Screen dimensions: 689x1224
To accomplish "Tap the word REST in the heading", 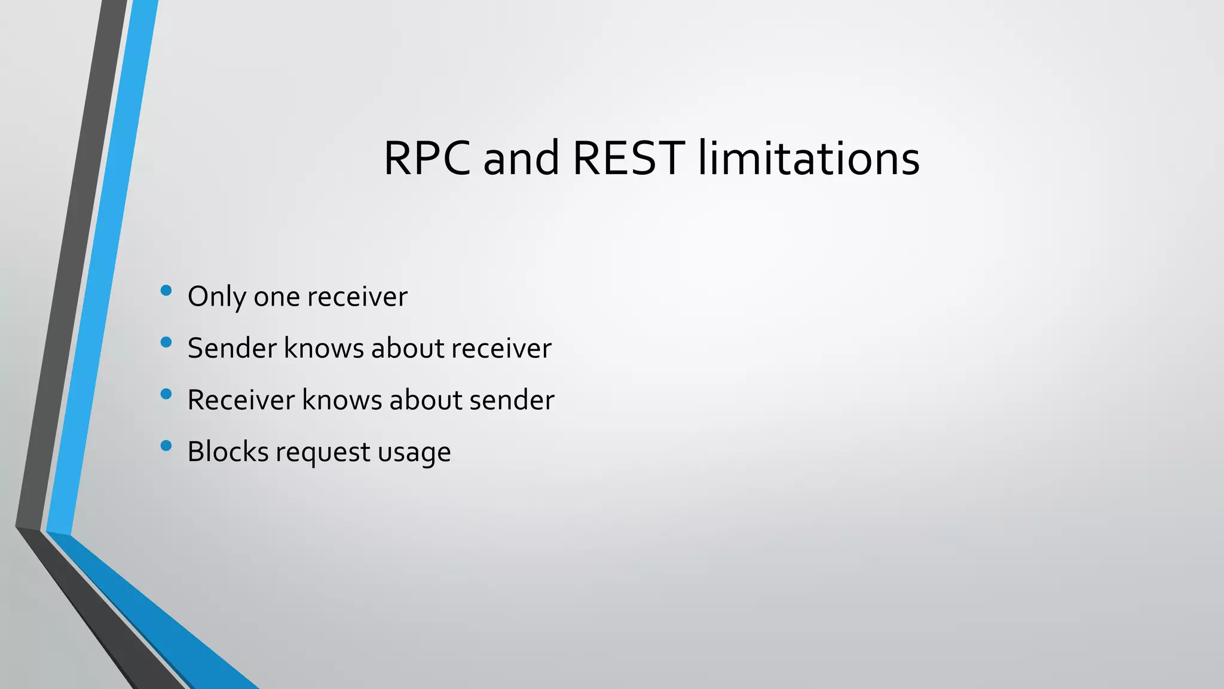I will [x=628, y=158].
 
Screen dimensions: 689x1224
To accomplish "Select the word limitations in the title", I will [x=809, y=158].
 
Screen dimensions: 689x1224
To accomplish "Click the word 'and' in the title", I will [x=521, y=158].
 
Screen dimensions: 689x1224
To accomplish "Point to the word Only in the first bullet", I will [x=216, y=297].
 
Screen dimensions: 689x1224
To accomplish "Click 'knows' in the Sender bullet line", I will [x=323, y=348].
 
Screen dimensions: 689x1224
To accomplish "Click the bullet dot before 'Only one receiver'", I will [x=166, y=291].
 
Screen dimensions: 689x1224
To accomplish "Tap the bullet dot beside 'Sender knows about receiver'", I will [x=166, y=342].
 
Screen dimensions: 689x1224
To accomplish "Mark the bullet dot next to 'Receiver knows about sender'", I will [x=166, y=394].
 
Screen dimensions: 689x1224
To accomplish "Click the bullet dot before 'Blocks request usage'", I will [x=166, y=445].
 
